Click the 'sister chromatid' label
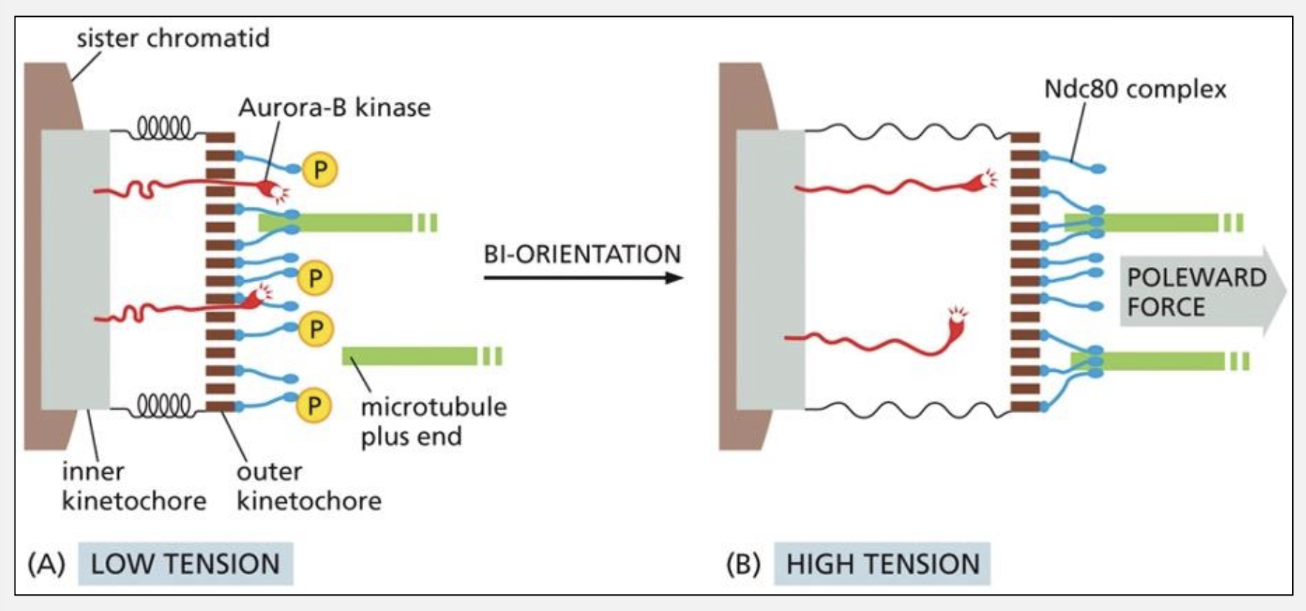point(172,38)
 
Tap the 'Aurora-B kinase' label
point(334,108)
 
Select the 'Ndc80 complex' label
point(1134,89)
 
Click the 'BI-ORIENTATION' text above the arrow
point(582,254)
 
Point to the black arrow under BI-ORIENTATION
point(583,277)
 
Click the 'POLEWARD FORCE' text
point(1196,292)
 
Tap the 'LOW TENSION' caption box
point(185,563)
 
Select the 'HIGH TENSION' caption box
point(882,563)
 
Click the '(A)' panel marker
point(46,563)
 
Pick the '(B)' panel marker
point(743,563)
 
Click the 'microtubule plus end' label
point(433,421)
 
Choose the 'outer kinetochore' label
point(308,486)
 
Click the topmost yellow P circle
point(321,170)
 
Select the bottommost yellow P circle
point(315,405)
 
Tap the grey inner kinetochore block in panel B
point(770,270)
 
